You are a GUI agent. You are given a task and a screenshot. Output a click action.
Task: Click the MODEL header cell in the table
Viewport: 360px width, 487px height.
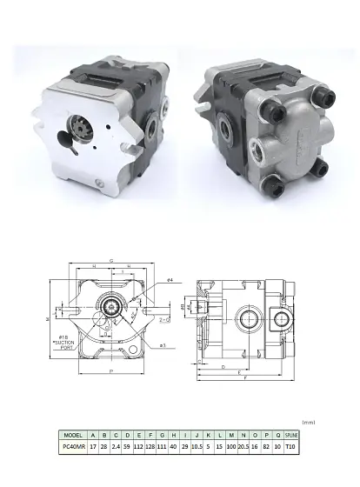coord(73,435)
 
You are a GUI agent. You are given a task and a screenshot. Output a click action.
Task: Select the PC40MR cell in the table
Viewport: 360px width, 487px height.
coord(73,447)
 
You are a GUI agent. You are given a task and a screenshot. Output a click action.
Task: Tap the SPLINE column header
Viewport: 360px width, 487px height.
coord(291,435)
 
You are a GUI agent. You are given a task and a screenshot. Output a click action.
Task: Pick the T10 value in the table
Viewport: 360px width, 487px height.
coord(291,447)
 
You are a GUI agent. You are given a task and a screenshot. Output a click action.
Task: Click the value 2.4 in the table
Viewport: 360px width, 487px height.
coord(116,447)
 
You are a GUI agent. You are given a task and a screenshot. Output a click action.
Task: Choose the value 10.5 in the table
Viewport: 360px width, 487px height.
coord(197,447)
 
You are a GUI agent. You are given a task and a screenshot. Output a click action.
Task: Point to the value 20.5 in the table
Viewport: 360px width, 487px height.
coord(242,447)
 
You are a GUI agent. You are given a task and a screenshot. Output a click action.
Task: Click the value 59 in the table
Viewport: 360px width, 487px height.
coord(127,447)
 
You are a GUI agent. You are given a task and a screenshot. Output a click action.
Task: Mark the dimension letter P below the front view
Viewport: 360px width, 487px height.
coord(111,370)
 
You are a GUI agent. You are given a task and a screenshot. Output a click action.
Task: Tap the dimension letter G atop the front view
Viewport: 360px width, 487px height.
coord(110,260)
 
